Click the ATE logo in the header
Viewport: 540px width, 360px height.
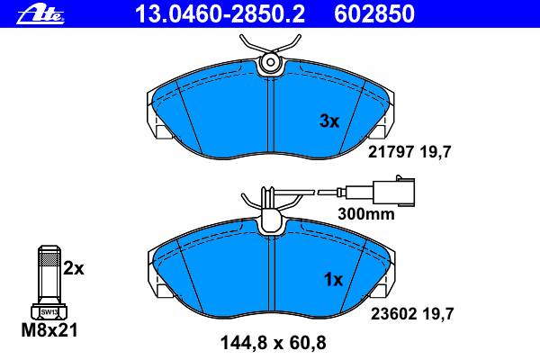(40, 14)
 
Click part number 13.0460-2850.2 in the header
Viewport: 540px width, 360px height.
(220, 13)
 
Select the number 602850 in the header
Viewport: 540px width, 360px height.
(374, 13)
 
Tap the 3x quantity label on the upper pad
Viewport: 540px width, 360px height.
(329, 121)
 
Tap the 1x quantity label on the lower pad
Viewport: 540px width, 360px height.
(333, 279)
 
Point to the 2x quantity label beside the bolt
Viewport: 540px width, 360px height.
(74, 268)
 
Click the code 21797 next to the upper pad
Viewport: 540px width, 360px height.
(391, 152)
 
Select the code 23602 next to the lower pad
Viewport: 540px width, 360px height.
(393, 314)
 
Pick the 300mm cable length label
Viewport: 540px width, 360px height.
(366, 214)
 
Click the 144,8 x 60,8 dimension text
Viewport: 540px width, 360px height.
(273, 343)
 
